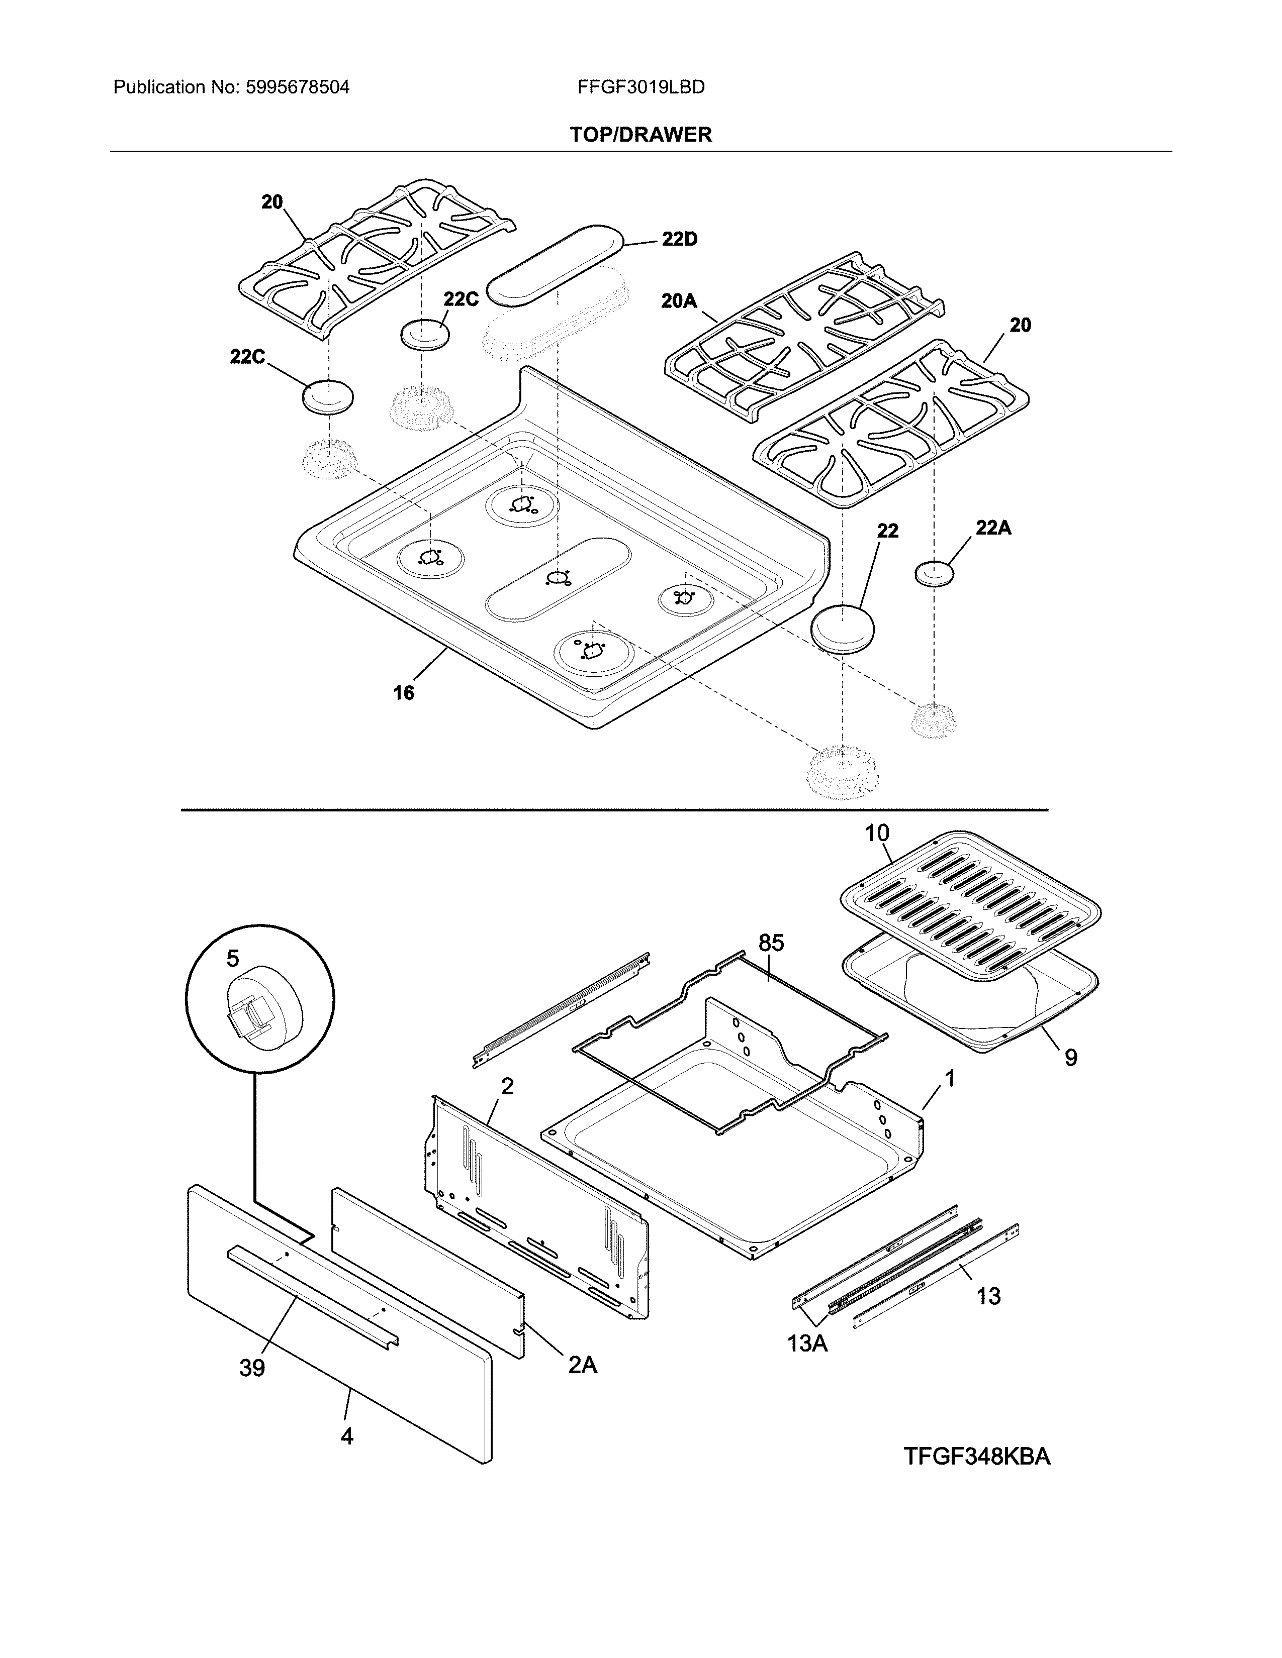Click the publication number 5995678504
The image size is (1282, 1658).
tap(298, 87)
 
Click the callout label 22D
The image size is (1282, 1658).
tap(679, 239)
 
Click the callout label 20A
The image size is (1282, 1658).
tap(678, 301)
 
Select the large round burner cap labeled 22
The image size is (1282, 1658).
tap(842, 627)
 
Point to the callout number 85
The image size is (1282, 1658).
tap(771, 943)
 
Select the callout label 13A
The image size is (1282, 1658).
tap(806, 1343)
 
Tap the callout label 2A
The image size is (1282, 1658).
tap(583, 1365)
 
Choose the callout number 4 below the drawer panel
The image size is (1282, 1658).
tap(346, 1436)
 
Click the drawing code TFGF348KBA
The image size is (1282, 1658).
tap(977, 1457)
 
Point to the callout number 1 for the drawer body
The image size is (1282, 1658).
tap(949, 1078)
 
